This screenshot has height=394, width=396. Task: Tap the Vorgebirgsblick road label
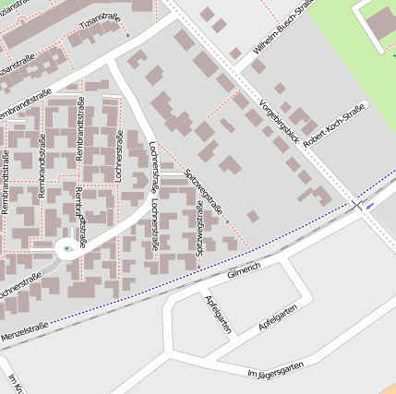point(280,122)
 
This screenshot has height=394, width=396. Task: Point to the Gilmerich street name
point(244,268)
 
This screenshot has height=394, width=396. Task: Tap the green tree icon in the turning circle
point(67,248)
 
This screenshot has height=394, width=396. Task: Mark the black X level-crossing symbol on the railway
point(357,204)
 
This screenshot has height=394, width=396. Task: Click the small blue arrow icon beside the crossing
point(370,207)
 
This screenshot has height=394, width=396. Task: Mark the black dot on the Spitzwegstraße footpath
point(226,221)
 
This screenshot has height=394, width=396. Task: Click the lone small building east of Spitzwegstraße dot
point(252,216)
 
